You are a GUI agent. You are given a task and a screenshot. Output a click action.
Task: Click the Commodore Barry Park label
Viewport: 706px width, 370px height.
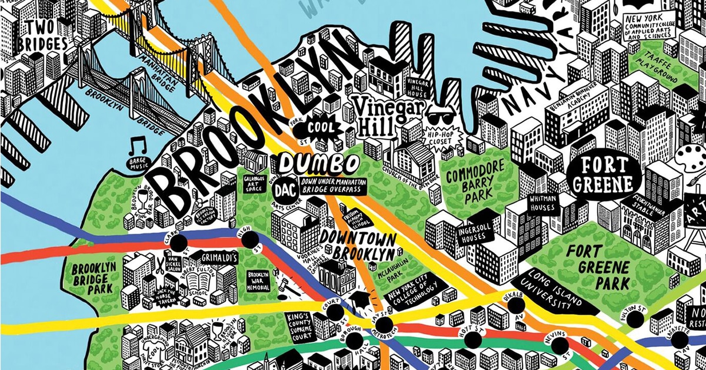(476, 181)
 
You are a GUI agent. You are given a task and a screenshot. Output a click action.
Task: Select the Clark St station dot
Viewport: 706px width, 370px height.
(179, 242)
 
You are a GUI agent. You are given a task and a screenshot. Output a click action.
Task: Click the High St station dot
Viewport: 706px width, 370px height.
(250, 239)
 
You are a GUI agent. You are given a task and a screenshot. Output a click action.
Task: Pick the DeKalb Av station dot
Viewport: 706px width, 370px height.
(516, 305)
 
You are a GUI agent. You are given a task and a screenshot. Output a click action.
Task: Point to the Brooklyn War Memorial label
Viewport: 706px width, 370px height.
(258, 281)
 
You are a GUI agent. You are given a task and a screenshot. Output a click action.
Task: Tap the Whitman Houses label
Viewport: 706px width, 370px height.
(544, 204)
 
